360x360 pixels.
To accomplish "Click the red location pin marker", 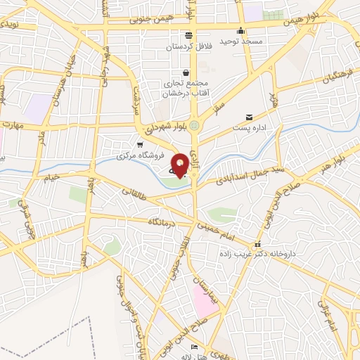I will pos(181,165).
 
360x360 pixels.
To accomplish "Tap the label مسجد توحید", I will pos(241,41).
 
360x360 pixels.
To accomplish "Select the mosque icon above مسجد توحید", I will pos(241,30).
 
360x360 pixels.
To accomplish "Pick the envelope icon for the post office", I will pos(249,117).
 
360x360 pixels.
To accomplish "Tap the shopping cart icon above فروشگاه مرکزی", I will pos(140,144).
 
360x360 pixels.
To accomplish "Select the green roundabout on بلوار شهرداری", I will pos(195,125).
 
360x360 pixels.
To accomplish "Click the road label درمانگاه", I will pos(164,221).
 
